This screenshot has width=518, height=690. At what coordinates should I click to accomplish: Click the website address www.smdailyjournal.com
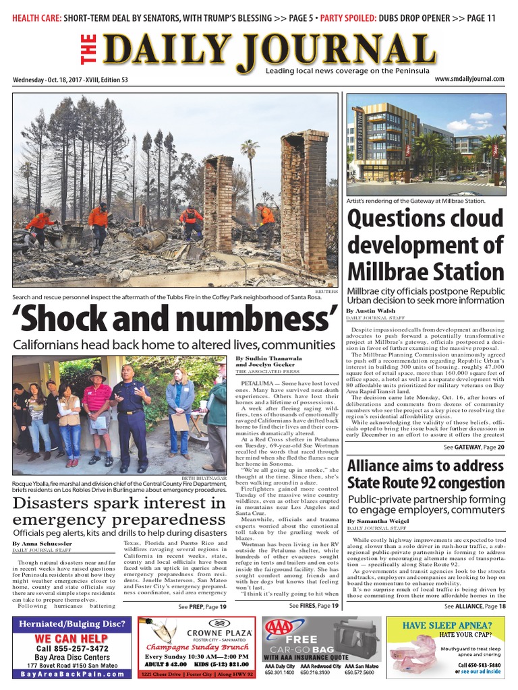pyautogui.click(x=469, y=79)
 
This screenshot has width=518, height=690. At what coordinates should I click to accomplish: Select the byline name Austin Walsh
pyautogui.click(x=380, y=311)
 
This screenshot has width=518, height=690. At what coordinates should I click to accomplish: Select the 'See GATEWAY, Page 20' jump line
pyautogui.click(x=473, y=447)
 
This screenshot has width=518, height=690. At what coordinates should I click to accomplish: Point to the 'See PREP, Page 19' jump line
pyautogui.click(x=202, y=606)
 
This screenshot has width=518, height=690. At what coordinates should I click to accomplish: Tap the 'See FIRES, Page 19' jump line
pyautogui.click(x=314, y=606)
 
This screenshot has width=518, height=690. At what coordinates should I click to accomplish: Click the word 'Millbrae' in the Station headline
pyautogui.click(x=383, y=272)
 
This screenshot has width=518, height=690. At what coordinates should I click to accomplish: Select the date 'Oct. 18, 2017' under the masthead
pyautogui.click(x=73, y=80)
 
